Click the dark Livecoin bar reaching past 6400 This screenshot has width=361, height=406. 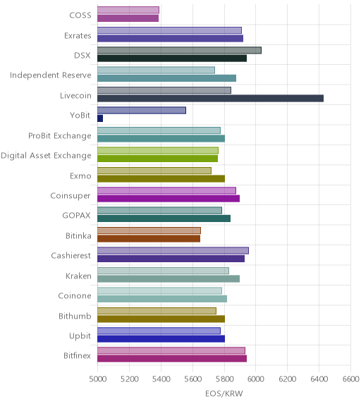click(210, 99)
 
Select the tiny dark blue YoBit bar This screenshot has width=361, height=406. click(100, 118)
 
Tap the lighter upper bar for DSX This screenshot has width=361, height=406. click(179, 50)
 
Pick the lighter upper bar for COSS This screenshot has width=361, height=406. click(128, 10)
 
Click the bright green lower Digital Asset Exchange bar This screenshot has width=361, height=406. click(157, 159)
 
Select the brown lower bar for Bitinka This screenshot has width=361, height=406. click(149, 239)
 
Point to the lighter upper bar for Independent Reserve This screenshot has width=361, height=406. click(156, 70)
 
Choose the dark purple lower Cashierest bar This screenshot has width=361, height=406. click(171, 259)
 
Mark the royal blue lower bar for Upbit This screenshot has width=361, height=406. click(161, 338)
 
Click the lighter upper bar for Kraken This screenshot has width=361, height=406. click(163, 271)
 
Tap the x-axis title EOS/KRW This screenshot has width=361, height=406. click(224, 394)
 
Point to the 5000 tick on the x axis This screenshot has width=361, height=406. click(97, 379)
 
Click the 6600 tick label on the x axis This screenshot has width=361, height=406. click(351, 379)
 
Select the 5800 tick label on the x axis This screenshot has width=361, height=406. click(224, 379)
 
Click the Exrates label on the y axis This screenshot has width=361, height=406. click(78, 35)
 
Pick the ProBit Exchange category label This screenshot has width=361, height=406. click(60, 135)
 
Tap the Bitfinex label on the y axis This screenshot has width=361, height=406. click(77, 355)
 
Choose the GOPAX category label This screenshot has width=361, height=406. click(76, 216)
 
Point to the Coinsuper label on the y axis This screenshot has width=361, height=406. click(71, 196)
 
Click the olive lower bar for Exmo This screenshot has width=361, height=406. click(161, 178)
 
